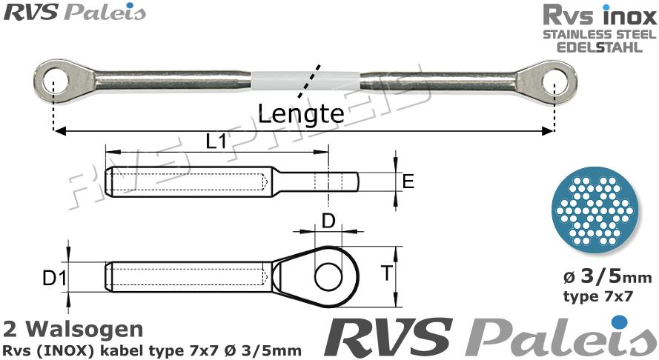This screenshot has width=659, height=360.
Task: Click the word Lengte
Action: point(301,114)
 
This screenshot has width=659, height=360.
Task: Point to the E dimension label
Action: point(408,181)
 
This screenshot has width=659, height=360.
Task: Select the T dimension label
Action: point(385,274)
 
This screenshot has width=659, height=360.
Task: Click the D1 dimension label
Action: point(54,280)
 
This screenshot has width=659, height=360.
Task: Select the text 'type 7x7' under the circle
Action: point(598,297)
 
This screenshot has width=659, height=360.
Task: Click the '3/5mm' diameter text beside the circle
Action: point(608,278)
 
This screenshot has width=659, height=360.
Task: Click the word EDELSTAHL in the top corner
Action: point(599,47)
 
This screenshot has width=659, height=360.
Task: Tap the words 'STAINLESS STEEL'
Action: point(599,35)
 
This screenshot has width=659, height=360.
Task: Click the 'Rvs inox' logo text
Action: point(599,16)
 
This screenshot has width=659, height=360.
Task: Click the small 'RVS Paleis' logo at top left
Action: point(73,13)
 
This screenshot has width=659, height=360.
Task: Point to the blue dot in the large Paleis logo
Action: point(618,321)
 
